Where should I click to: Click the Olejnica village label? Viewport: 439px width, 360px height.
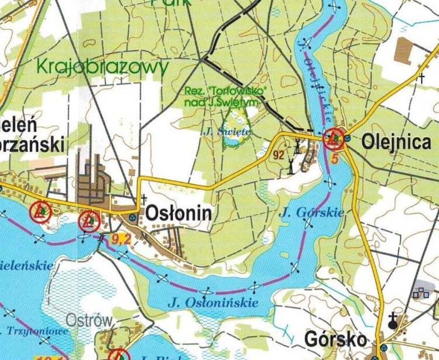tap(396, 141)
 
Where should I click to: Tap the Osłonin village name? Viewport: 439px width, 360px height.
tap(177, 214)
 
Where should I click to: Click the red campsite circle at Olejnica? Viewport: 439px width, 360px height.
tap(334, 139)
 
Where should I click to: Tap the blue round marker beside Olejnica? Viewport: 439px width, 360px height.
tap(348, 139)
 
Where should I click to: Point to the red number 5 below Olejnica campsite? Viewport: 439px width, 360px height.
tap(334, 157)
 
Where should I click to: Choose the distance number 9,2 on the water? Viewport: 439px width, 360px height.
tap(119, 238)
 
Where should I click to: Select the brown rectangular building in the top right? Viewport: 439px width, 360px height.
tap(404, 50)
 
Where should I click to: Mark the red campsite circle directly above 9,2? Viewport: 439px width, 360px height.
tap(88, 221)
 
